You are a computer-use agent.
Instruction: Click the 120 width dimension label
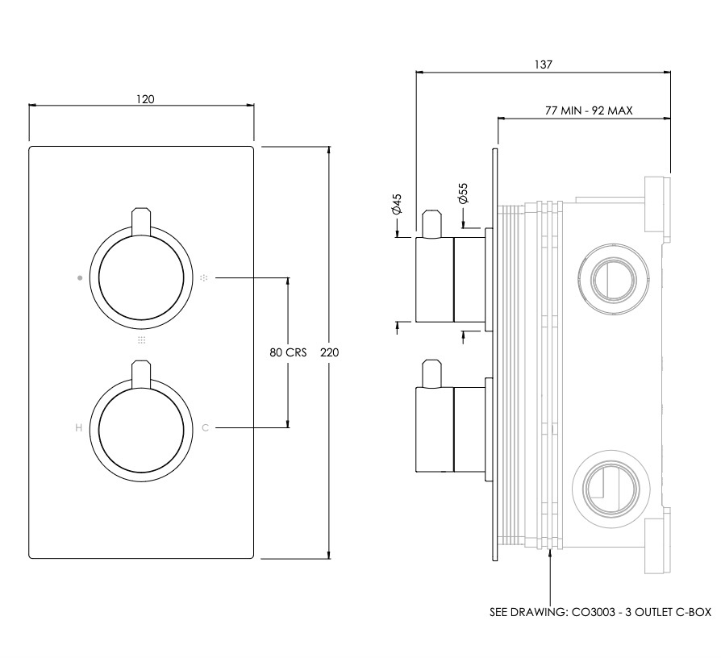[145, 99]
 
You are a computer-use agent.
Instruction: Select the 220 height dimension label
[329, 352]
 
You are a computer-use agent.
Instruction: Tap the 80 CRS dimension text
[288, 352]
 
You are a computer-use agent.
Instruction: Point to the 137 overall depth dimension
[543, 65]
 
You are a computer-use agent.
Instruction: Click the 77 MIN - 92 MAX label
[589, 110]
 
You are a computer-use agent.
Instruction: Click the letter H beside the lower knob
[78, 427]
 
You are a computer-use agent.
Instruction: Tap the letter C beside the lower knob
[205, 427]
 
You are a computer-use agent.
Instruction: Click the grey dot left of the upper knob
[80, 277]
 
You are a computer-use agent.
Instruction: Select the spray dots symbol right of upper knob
[204, 277]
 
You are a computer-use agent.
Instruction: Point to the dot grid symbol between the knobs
[142, 339]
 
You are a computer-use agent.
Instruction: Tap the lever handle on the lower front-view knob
[141, 374]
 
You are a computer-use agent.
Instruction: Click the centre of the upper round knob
[141, 277]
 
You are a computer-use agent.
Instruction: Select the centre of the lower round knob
[141, 427]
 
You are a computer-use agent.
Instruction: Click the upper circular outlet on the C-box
[614, 279]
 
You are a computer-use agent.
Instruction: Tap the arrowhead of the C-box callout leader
[550, 552]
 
